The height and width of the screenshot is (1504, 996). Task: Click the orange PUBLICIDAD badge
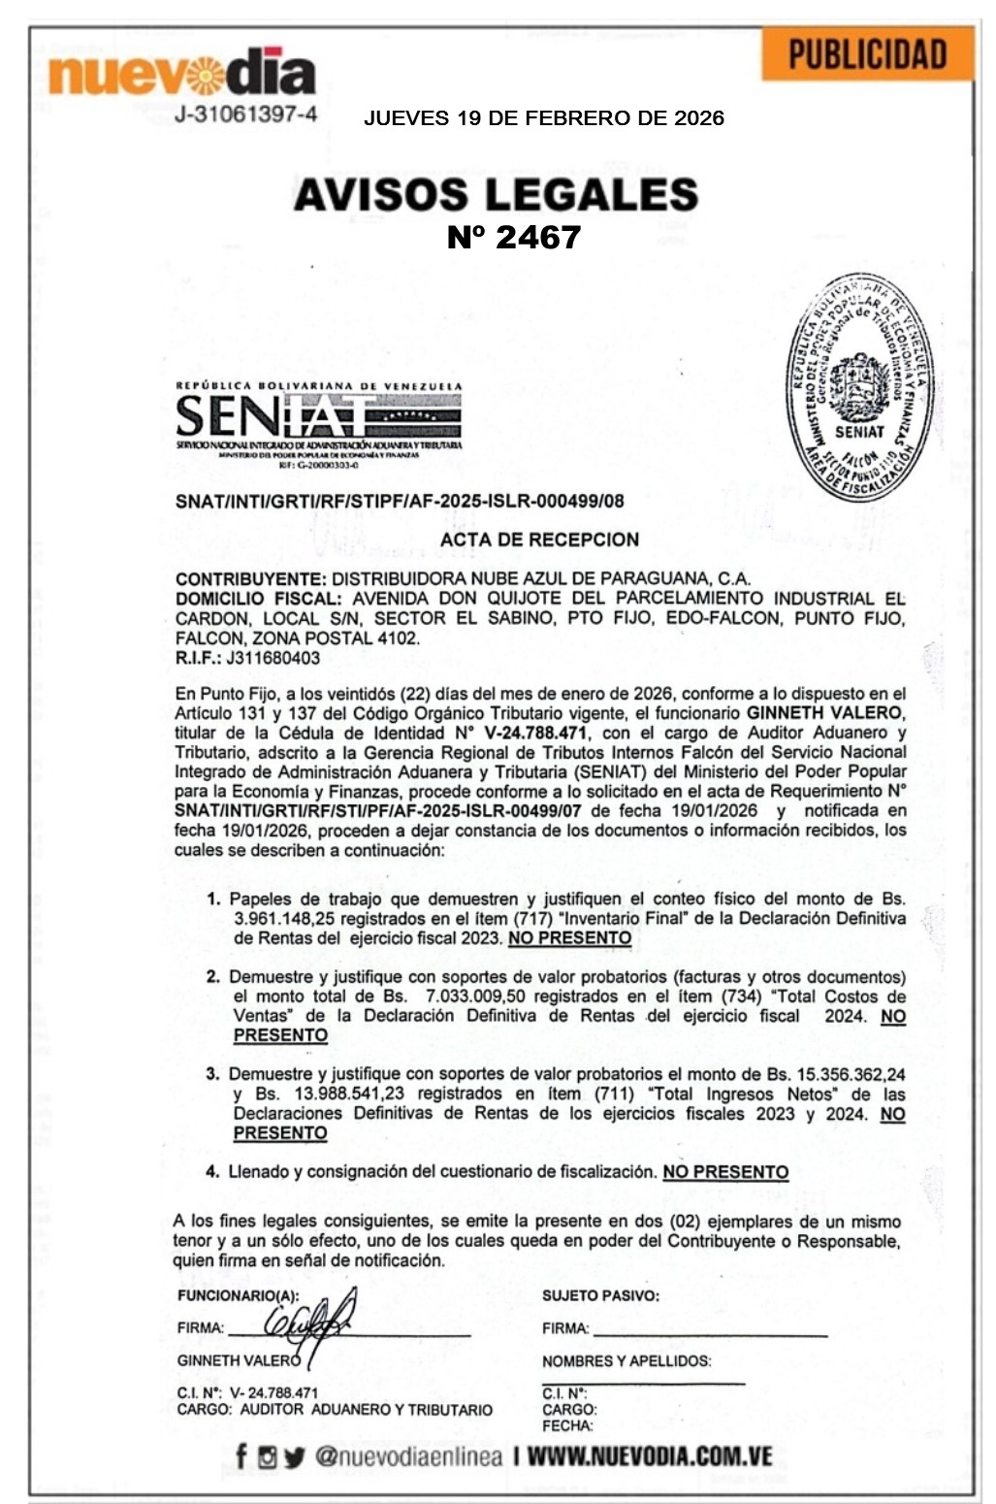(x=867, y=54)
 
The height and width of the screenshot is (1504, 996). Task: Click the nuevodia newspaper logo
(x=181, y=74)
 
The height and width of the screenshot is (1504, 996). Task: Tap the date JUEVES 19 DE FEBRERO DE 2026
(x=543, y=118)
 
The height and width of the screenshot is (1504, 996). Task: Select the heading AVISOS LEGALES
(x=496, y=194)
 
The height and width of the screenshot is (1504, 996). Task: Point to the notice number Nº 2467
(x=513, y=238)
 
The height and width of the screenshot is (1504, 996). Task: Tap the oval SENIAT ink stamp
(x=859, y=390)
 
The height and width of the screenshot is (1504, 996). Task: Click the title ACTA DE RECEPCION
(x=539, y=539)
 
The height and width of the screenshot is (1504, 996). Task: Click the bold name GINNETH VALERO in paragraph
(x=824, y=713)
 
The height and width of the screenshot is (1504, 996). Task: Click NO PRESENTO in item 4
(x=725, y=1172)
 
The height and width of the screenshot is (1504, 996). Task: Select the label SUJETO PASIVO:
(x=600, y=1295)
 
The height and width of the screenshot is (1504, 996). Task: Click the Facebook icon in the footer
(x=241, y=1455)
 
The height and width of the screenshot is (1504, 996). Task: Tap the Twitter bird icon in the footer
(x=294, y=1456)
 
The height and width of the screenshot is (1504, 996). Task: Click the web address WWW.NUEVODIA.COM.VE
(x=650, y=1456)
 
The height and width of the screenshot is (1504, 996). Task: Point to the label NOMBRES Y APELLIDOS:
(x=627, y=1361)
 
